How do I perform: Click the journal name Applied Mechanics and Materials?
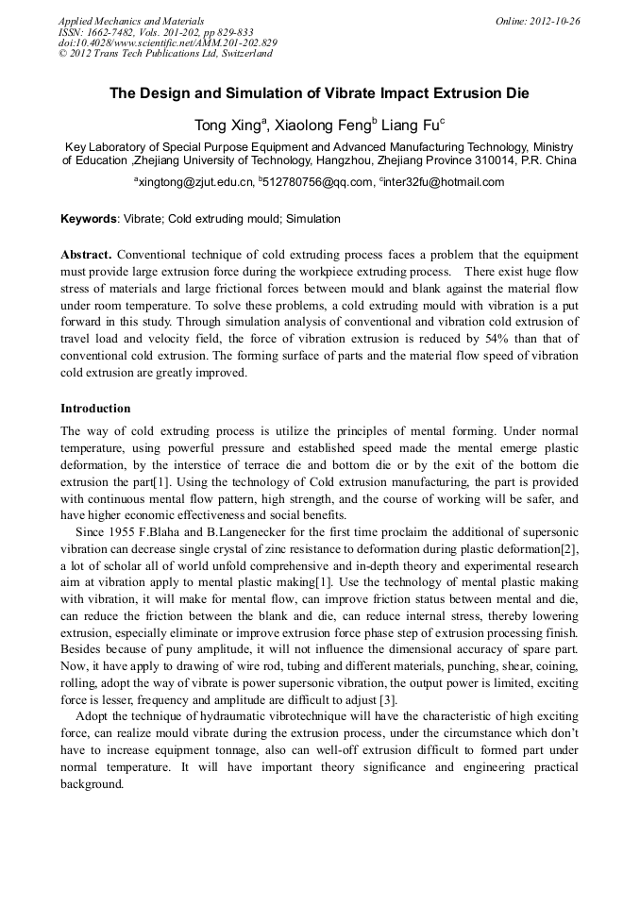point(131,20)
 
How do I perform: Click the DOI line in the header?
point(167,42)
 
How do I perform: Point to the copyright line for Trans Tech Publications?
point(165,54)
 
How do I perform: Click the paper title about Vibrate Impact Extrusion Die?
point(319,93)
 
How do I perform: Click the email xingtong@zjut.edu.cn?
point(195,182)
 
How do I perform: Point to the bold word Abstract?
point(86,256)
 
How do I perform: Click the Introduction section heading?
point(95,409)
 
